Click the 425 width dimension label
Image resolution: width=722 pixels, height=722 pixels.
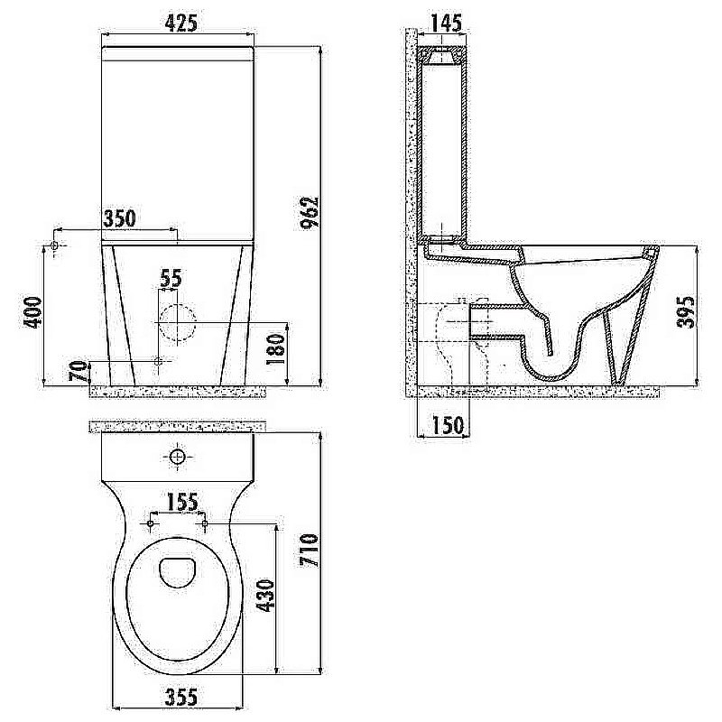click(182, 23)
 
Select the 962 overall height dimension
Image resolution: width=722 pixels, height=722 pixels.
click(309, 212)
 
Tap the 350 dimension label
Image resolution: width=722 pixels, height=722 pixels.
click(119, 218)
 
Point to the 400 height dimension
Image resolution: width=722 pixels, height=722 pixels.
click(32, 312)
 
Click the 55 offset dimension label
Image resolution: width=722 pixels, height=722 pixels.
click(171, 279)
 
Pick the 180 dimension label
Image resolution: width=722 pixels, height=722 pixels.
click(276, 350)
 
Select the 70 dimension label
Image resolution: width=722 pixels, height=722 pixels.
click(79, 372)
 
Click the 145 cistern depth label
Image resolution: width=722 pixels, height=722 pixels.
click(445, 23)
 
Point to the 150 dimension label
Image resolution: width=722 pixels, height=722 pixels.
click(448, 425)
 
